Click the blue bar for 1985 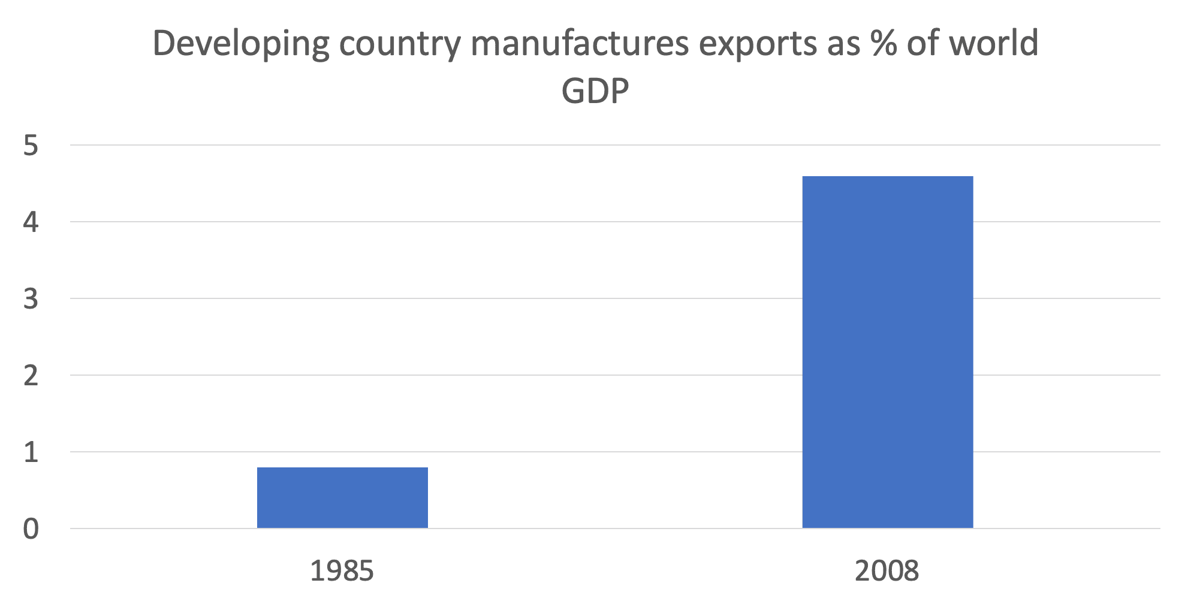(x=342, y=497)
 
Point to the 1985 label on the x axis (x=342, y=571)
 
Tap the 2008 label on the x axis (x=887, y=571)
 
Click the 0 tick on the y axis (x=31, y=529)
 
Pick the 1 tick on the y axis (x=31, y=452)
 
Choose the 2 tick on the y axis (x=31, y=376)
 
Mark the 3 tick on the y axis (x=31, y=299)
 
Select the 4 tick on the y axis (x=31, y=222)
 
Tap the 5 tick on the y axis (x=31, y=146)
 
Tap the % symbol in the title (x=884, y=43)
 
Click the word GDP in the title (x=595, y=92)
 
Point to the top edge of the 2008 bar (x=887, y=177)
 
